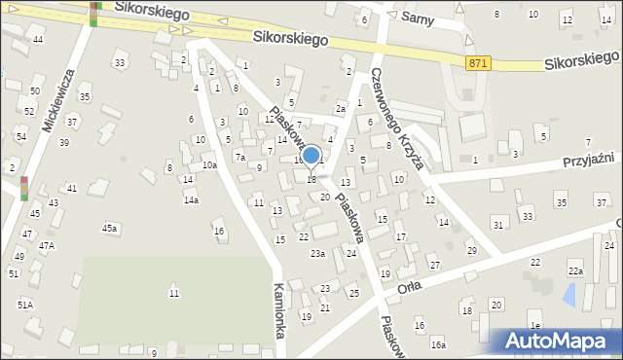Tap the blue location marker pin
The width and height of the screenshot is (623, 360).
coord(311,157)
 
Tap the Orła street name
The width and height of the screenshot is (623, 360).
coord(409,289)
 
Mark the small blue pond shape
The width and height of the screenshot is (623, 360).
coord(569,293)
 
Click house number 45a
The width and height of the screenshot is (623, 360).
coord(110,228)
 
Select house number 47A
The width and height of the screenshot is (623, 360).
coord(46,246)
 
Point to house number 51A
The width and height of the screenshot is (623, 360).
coord(24,305)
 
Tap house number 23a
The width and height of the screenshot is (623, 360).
coord(317,254)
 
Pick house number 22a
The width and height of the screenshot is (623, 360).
coord(575,271)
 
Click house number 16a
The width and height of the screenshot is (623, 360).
coord(438,344)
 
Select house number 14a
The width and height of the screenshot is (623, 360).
coord(192,200)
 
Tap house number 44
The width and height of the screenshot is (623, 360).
coord(38,39)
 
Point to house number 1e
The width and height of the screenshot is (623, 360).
coord(534,324)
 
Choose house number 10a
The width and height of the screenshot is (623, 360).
coord(209,165)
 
